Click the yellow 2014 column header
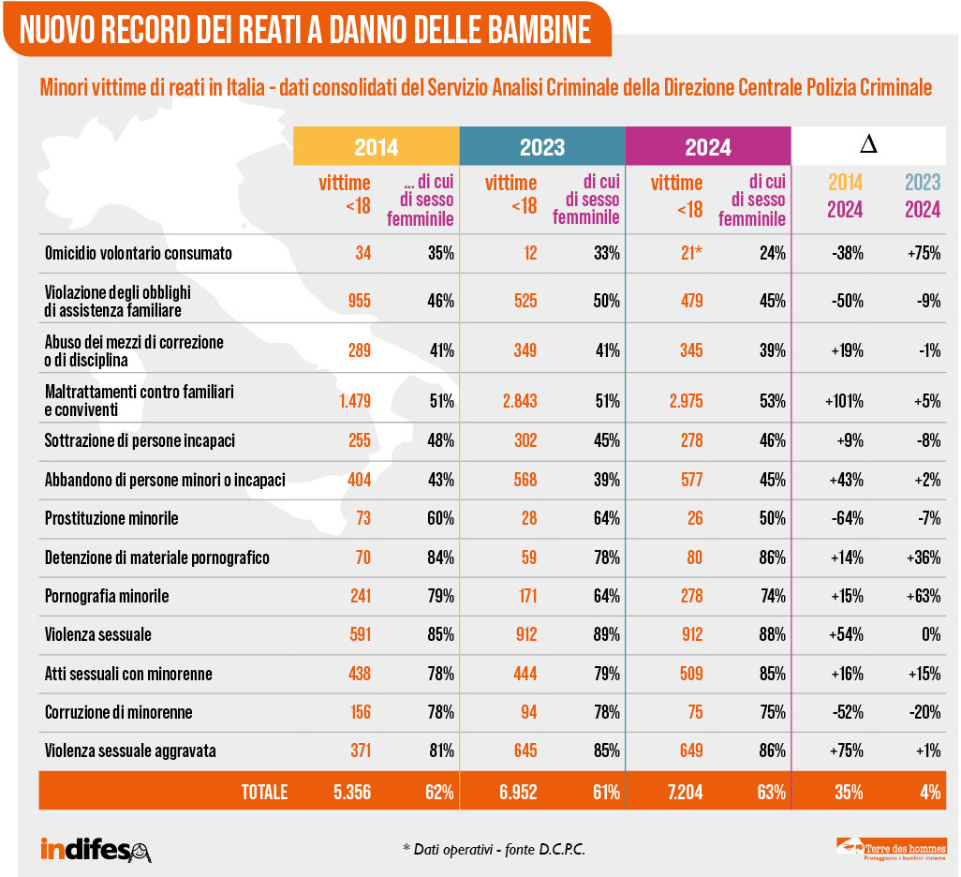376,147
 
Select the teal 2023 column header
542,147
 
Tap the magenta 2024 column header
708,147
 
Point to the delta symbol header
868,145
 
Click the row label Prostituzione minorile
111,518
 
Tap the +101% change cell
844,402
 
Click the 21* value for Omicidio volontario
687,253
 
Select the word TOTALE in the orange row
264,792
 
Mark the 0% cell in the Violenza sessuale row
930,634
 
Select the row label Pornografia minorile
107,596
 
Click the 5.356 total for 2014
352,792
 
